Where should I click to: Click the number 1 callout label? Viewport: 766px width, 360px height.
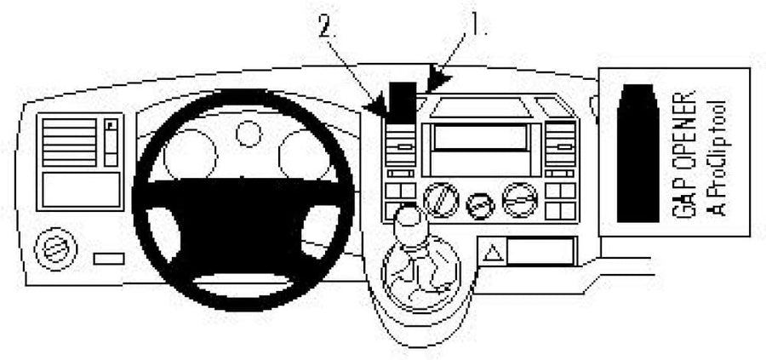click(475, 26)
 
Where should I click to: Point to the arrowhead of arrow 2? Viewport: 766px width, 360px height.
click(378, 106)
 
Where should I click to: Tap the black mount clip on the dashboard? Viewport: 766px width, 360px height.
click(403, 102)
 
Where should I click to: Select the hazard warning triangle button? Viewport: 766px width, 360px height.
click(493, 253)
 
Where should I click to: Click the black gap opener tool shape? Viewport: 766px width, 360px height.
click(638, 153)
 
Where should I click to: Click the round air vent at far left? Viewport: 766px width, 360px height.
click(55, 249)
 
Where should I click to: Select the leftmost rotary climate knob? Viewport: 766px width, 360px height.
click(441, 200)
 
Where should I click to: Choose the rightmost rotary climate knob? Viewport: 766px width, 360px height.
click(520, 200)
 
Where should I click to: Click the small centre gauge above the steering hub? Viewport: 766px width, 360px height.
click(249, 134)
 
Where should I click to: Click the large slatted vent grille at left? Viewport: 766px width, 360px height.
click(69, 142)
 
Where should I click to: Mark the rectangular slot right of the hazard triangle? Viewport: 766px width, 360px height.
click(540, 252)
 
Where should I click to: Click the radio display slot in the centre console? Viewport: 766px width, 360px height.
click(480, 136)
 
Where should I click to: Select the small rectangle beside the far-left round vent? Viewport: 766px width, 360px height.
click(108, 259)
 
